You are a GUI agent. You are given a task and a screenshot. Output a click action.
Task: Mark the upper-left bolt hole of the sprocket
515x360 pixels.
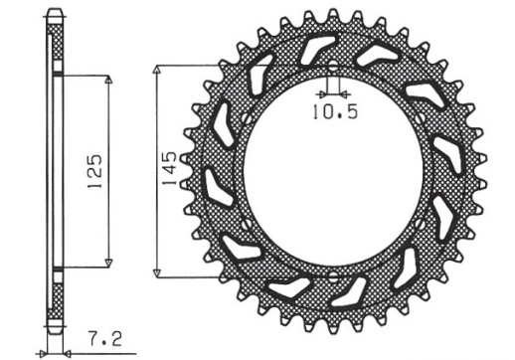click(239, 125)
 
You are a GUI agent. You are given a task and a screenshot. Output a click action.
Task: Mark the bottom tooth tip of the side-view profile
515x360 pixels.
click(58, 343)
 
